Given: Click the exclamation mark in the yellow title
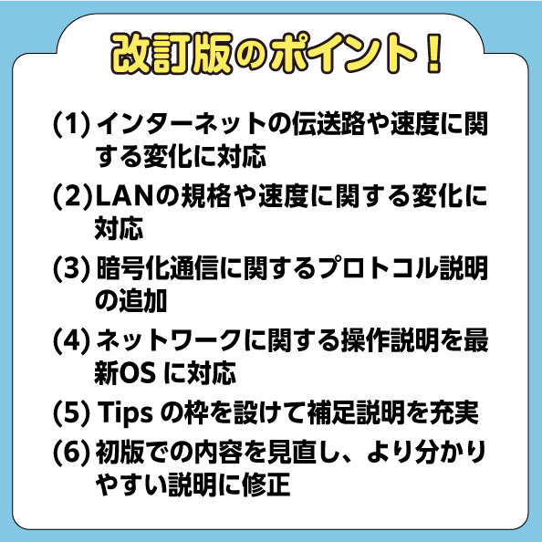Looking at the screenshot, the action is pos(433,53).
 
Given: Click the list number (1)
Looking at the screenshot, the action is pos(71,124).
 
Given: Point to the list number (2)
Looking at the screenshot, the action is pos(72,197).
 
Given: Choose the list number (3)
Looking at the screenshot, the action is pos(71,268).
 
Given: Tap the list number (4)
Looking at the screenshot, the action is pos(71,340).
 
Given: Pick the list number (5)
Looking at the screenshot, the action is pos(71,412).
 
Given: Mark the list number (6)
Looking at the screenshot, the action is pos(71,453).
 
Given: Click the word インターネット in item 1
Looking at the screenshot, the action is pos(182,124).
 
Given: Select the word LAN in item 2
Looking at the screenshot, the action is pos(124,197).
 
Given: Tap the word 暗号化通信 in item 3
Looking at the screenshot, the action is pos(157,268).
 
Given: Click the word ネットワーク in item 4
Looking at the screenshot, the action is pos(169,340).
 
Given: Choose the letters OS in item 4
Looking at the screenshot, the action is pos(137,374).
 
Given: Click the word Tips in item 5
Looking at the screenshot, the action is pos(125,413).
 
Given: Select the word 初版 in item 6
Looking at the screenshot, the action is pos(120,453).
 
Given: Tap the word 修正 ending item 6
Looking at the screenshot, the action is pos(266,485).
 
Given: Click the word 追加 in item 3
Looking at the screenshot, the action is pos(142,301).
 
